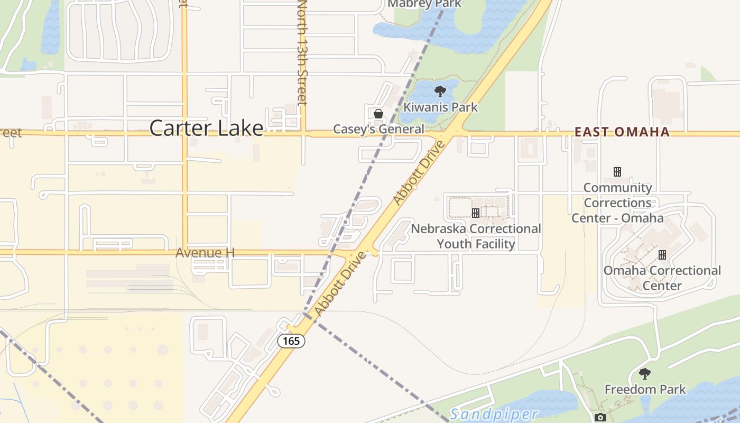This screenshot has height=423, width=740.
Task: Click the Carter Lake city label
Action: [206, 128]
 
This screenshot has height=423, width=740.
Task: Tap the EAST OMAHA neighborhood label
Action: [622, 132]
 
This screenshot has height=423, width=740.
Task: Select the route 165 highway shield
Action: [291, 341]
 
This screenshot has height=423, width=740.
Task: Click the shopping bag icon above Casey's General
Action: [378, 114]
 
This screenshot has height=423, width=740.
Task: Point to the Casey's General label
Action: [378, 129]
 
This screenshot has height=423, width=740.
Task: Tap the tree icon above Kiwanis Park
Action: [440, 91]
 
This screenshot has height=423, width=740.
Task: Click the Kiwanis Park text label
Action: [440, 107]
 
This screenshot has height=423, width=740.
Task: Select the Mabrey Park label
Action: [424, 4]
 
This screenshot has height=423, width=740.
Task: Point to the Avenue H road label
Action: [205, 253]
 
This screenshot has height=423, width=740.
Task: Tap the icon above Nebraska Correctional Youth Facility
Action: [476, 213]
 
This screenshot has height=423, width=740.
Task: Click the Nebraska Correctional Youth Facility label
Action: [476, 236]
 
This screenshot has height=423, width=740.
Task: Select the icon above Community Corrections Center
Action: [617, 172]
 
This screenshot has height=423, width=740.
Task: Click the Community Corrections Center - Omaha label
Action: [617, 203]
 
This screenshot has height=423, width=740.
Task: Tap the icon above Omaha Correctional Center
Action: [662, 255]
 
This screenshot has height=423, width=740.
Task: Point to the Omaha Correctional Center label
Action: [662, 278]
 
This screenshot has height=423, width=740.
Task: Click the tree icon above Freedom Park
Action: [644, 374]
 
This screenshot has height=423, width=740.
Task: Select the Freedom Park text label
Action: [645, 390]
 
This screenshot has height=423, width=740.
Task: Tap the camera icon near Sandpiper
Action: [600, 418]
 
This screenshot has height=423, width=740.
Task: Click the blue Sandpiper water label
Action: [494, 414]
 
